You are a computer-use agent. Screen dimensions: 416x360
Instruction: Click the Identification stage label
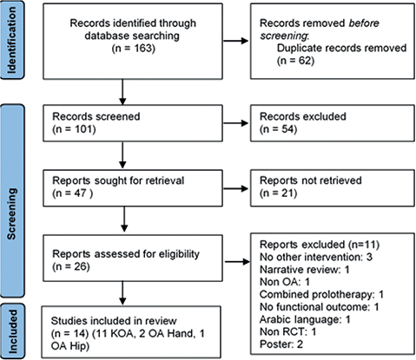pos(11,40)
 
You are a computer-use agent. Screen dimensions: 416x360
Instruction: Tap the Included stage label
pos(12,331)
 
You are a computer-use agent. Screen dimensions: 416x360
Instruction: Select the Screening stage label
pos(11,213)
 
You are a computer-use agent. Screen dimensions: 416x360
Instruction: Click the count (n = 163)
pos(134,48)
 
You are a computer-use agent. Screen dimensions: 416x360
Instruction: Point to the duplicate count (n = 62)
pos(295,61)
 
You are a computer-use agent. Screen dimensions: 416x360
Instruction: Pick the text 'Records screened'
pos(96,116)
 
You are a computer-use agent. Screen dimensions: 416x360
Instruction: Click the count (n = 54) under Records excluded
pos(279,129)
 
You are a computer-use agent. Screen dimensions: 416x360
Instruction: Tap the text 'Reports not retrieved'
pos(311,180)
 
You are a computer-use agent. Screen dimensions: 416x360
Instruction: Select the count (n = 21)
pos(279,193)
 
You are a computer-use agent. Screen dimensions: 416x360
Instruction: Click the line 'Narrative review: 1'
pos(305,270)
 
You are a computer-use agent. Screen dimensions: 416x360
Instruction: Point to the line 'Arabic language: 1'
pos(305,319)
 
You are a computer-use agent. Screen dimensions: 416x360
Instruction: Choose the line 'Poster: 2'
pos(281,344)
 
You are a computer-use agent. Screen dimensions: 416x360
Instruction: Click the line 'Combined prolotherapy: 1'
pos(321,294)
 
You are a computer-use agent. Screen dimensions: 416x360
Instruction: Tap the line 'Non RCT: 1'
pos(288,331)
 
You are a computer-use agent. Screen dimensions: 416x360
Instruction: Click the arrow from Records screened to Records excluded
pos(235,123)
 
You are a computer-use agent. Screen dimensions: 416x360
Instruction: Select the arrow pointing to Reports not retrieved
pos(235,189)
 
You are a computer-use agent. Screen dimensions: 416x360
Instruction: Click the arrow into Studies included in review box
pos(122,293)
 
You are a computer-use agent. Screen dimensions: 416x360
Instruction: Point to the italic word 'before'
pos(364,23)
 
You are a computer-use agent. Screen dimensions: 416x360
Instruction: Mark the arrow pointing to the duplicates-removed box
pos(235,41)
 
